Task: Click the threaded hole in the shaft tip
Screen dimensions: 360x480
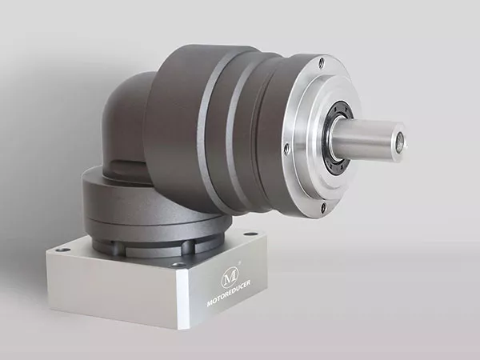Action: (398, 145)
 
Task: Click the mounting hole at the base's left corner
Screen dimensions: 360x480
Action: (63, 250)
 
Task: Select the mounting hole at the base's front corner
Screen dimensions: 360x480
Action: (178, 264)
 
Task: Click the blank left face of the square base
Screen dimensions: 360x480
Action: (112, 284)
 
